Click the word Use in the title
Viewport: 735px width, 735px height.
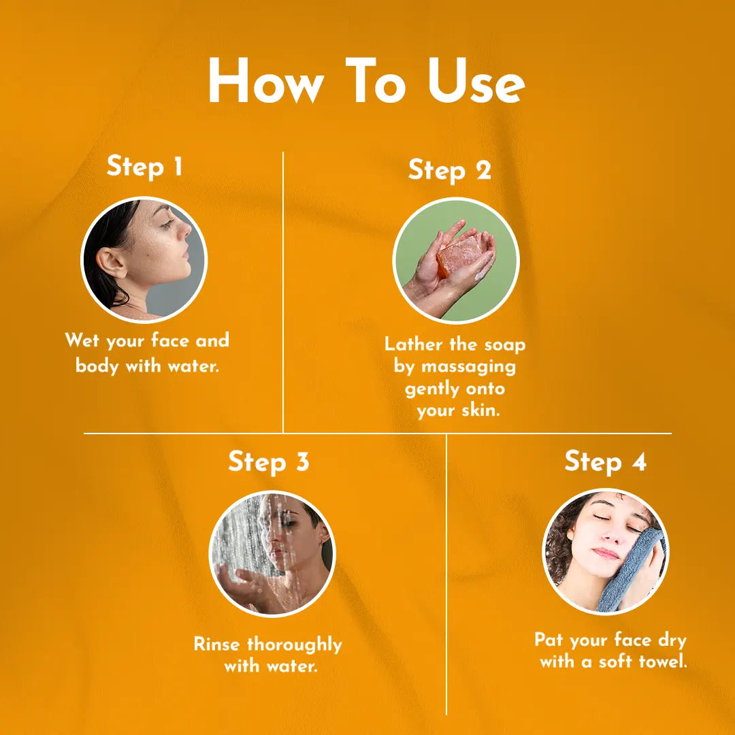pyautogui.click(x=476, y=80)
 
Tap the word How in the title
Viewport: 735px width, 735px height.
pyautogui.click(x=266, y=80)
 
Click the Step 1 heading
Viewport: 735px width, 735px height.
pyautogui.click(x=144, y=167)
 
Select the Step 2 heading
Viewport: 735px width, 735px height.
pyautogui.click(x=449, y=171)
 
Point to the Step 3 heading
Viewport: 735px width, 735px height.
pyautogui.click(x=269, y=462)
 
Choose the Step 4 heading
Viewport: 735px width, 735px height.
pyautogui.click(x=605, y=461)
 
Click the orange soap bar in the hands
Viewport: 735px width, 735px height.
pyautogui.click(x=459, y=257)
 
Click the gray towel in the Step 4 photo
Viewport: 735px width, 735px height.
pyautogui.click(x=630, y=570)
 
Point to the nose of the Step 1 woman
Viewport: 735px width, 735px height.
pyautogui.click(x=185, y=230)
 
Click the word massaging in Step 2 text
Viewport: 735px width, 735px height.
pyautogui.click(x=468, y=367)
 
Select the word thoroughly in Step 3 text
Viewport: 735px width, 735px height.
pyautogui.click(x=295, y=645)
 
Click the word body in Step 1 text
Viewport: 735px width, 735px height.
pyautogui.click(x=97, y=366)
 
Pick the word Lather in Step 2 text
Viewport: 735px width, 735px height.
pyautogui.click(x=414, y=344)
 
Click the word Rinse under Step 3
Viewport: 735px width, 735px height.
pyautogui.click(x=217, y=644)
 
